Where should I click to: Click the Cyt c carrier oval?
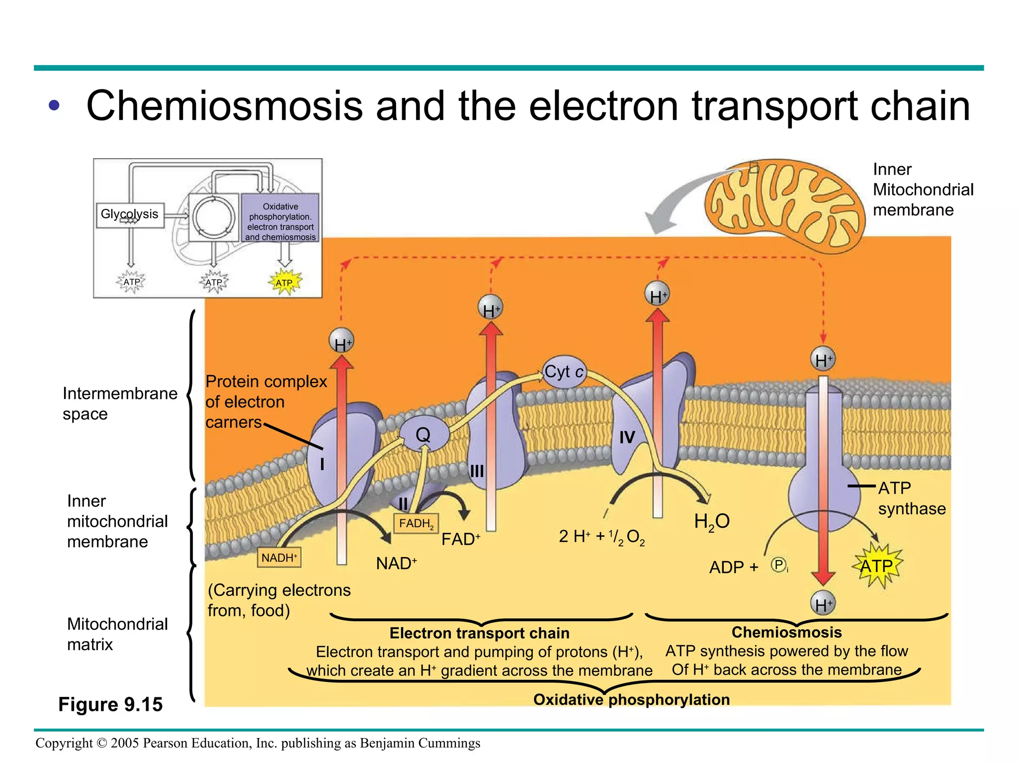(564, 372)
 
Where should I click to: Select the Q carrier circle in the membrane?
(424, 435)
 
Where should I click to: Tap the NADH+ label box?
(279, 558)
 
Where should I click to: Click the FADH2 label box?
(416, 523)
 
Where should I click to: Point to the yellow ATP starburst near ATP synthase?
(877, 566)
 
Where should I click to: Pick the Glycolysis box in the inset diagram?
(130, 214)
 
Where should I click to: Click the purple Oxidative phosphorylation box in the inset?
(280, 218)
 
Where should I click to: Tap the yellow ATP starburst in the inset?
(284, 283)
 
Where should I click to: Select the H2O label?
(712, 522)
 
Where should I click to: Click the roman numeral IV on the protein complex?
(627, 437)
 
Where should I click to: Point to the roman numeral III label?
(477, 471)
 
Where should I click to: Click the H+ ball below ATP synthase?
(823, 604)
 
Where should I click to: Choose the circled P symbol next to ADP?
(778, 565)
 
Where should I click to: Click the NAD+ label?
(396, 564)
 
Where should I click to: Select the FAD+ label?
(461, 539)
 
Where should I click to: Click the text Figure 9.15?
(110, 704)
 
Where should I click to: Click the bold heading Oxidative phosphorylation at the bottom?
(631, 699)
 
